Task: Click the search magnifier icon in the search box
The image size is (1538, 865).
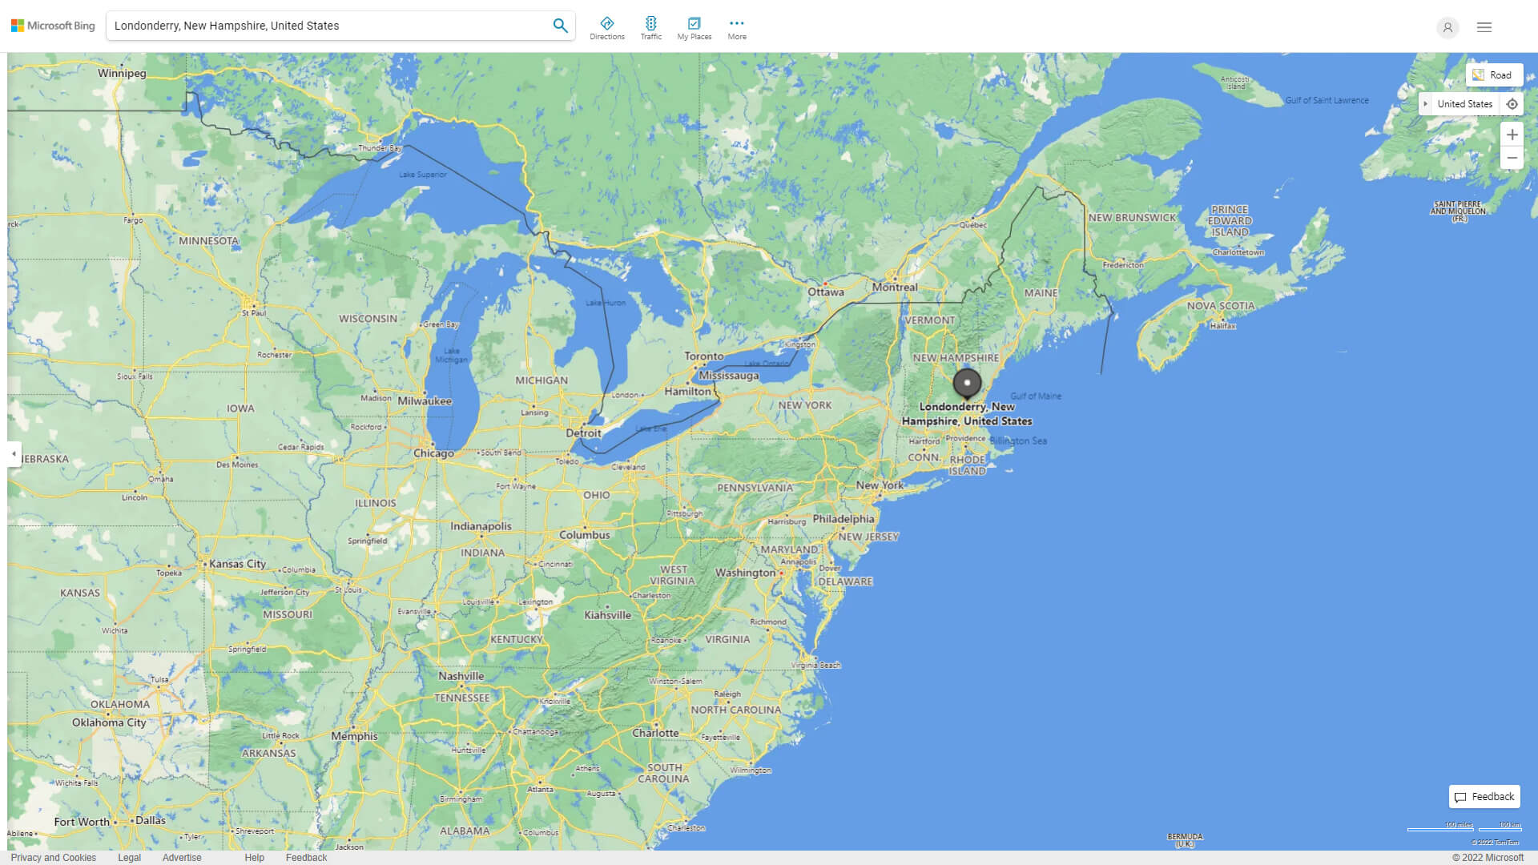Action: [x=560, y=26]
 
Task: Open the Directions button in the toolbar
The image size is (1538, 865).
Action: [x=607, y=28]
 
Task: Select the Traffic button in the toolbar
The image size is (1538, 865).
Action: [x=651, y=28]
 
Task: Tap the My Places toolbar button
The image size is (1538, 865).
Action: [x=694, y=28]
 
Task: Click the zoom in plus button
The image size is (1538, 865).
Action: [x=1512, y=135]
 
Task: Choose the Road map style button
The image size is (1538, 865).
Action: [x=1493, y=75]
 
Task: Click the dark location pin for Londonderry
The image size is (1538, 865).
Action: [x=967, y=384]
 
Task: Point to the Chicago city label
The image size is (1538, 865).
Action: [x=433, y=453]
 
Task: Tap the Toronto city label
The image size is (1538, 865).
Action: [x=703, y=356]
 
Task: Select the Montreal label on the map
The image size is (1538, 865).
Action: [x=895, y=288]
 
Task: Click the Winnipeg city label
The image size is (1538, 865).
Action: [x=122, y=74]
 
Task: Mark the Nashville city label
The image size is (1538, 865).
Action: [x=461, y=676]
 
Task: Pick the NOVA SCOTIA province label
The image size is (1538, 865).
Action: [x=1220, y=306]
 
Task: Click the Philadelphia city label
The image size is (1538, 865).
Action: [x=843, y=519]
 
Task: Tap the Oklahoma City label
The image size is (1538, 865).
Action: [x=109, y=722]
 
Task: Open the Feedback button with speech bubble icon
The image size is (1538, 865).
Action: [x=1484, y=797]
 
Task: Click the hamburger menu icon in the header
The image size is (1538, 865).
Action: [x=1484, y=27]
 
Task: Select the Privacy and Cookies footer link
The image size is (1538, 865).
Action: [x=54, y=858]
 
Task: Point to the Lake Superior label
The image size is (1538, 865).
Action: [x=423, y=175]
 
